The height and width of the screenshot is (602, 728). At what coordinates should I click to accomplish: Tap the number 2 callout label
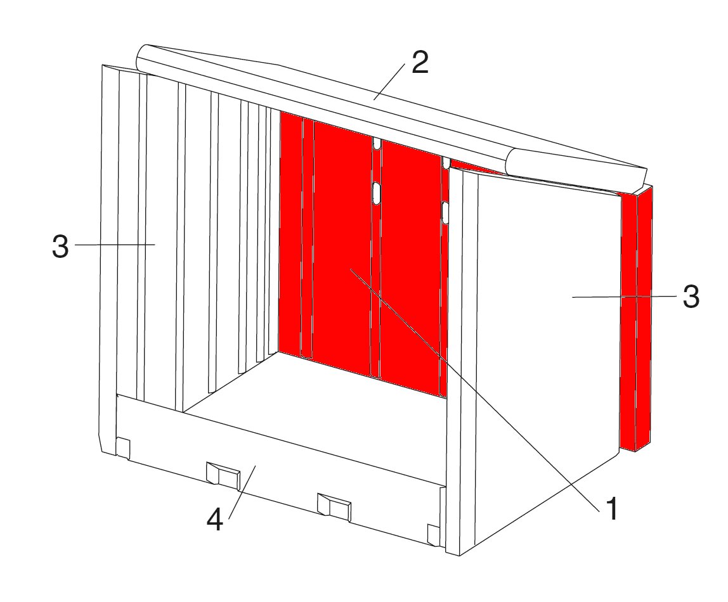point(420,62)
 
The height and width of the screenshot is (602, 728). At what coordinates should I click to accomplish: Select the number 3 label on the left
point(60,247)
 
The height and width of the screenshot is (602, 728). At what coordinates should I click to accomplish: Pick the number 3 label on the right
point(691,297)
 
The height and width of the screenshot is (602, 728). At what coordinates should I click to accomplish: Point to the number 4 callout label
point(214,519)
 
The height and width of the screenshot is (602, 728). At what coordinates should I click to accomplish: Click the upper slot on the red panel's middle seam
point(377,144)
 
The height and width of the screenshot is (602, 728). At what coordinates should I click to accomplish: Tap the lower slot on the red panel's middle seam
point(376,192)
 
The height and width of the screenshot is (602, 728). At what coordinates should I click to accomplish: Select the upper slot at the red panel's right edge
point(445,162)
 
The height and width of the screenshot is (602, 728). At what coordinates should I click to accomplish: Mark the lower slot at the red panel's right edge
point(445,213)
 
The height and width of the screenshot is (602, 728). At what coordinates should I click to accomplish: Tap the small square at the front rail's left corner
point(122,448)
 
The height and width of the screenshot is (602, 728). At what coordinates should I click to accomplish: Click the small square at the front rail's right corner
point(432,534)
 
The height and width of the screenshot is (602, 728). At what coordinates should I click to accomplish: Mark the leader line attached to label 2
point(389,82)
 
